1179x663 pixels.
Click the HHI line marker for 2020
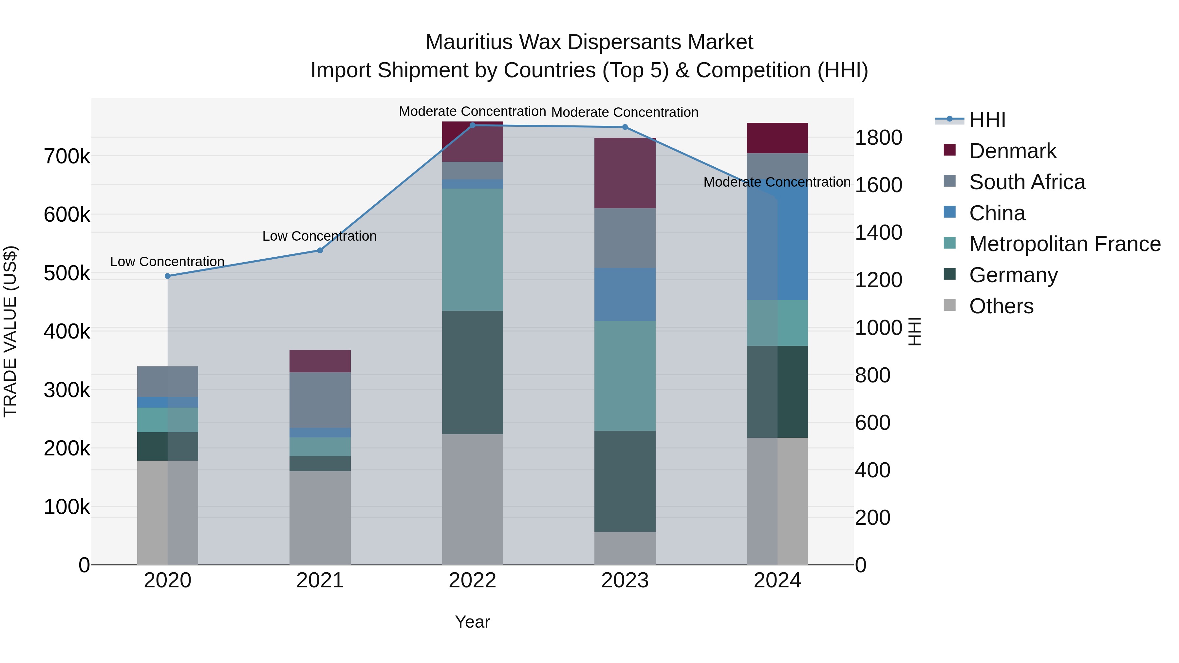click(167, 276)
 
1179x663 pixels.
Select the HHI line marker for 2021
click(320, 250)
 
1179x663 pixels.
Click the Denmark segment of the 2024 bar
click(777, 138)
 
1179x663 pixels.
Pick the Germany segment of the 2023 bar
click(625, 481)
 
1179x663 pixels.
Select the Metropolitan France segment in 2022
click(472, 249)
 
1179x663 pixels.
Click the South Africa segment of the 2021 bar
click(320, 400)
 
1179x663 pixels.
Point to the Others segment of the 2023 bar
click(625, 548)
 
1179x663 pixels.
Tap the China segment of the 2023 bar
click(625, 294)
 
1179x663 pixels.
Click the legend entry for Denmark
click(1012, 151)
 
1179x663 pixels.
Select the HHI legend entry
click(987, 120)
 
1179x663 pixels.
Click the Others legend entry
click(1001, 306)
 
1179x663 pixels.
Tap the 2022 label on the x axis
click(472, 580)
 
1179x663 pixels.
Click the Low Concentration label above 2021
click(319, 236)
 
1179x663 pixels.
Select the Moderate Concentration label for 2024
click(777, 182)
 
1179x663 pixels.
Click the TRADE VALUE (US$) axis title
click(10, 331)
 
